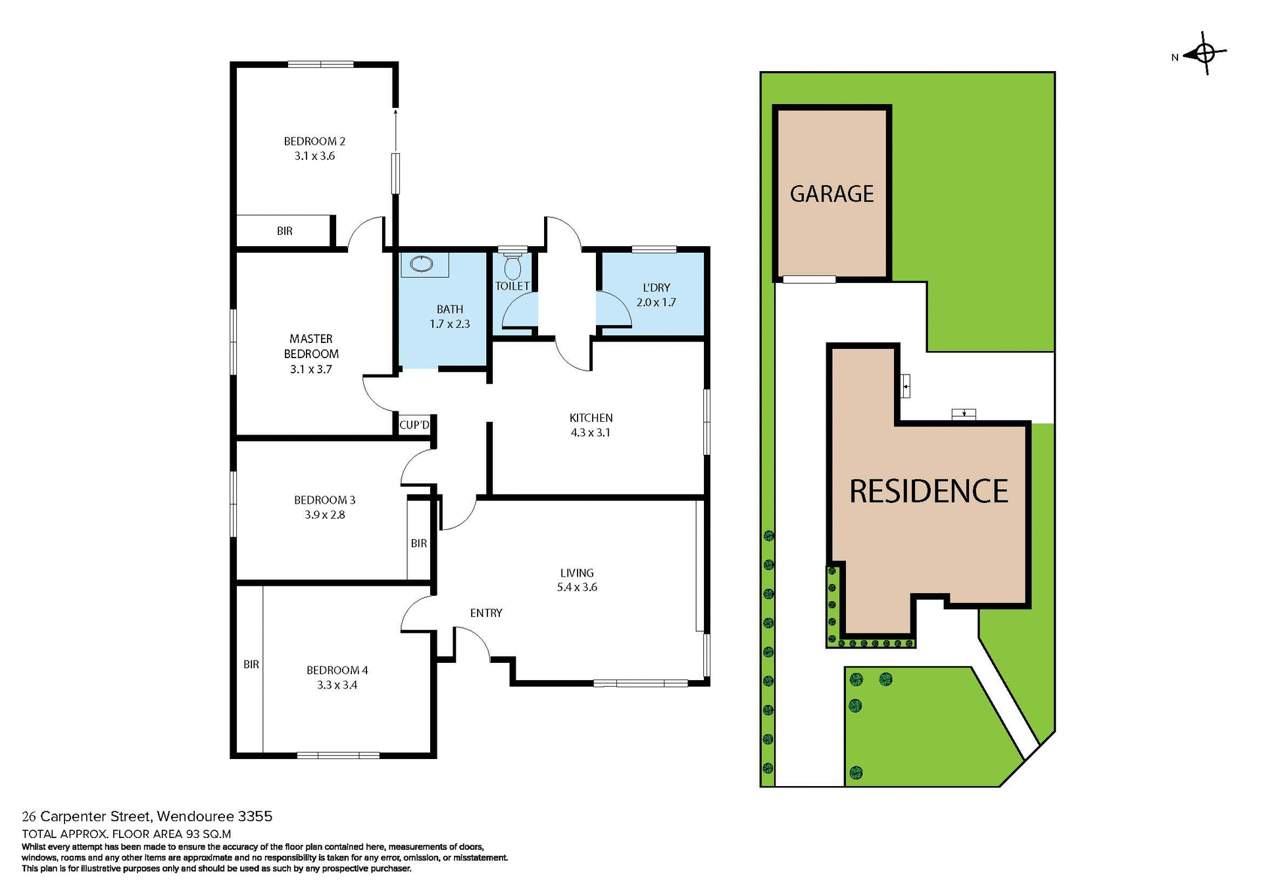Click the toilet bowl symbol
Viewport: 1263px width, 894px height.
512,267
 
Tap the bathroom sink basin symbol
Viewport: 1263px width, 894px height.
421,264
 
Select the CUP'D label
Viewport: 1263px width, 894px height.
414,425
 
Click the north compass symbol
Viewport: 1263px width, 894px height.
1204,53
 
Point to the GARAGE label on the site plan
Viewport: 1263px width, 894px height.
831,194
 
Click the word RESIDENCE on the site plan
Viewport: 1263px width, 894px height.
928,491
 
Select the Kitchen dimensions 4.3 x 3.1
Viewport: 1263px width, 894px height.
590,433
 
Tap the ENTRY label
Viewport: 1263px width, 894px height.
486,613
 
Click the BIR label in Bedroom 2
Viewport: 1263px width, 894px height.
284,231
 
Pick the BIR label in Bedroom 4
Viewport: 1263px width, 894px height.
251,664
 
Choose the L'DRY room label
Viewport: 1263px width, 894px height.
656,288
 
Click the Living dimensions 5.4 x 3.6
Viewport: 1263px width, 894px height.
577,587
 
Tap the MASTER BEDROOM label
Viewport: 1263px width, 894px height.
311,346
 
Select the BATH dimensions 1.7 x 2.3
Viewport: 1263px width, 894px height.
449,324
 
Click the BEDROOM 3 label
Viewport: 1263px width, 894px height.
324,500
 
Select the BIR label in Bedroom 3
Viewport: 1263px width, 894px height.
418,543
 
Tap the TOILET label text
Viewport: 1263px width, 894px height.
512,286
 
